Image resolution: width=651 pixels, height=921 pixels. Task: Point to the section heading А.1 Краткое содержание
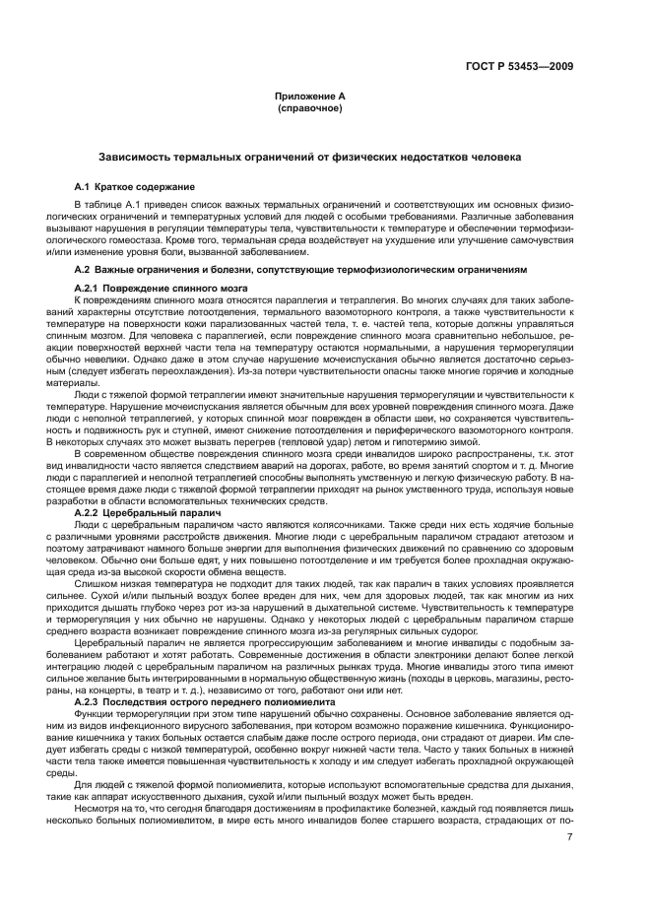tap(135, 187)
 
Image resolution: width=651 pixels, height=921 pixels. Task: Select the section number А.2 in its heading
tap(83, 269)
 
